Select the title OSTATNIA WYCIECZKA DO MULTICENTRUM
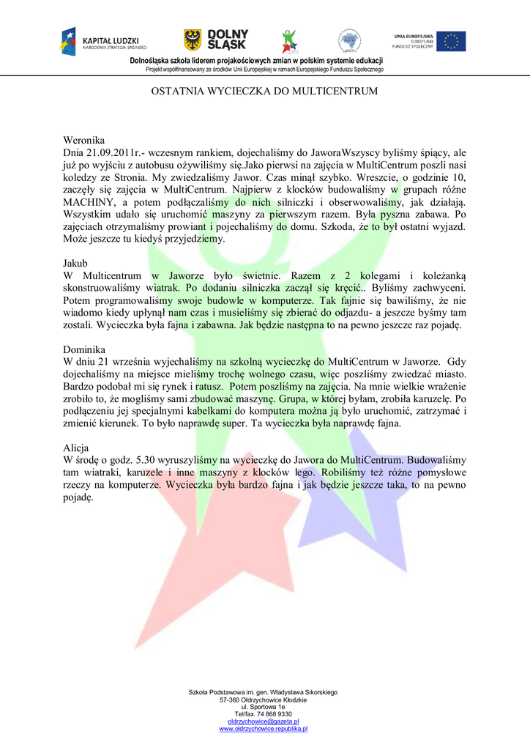[264, 92]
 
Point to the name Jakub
[75, 262]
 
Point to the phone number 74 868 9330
[270, 714]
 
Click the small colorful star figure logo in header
[290, 41]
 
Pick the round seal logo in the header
[349, 41]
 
